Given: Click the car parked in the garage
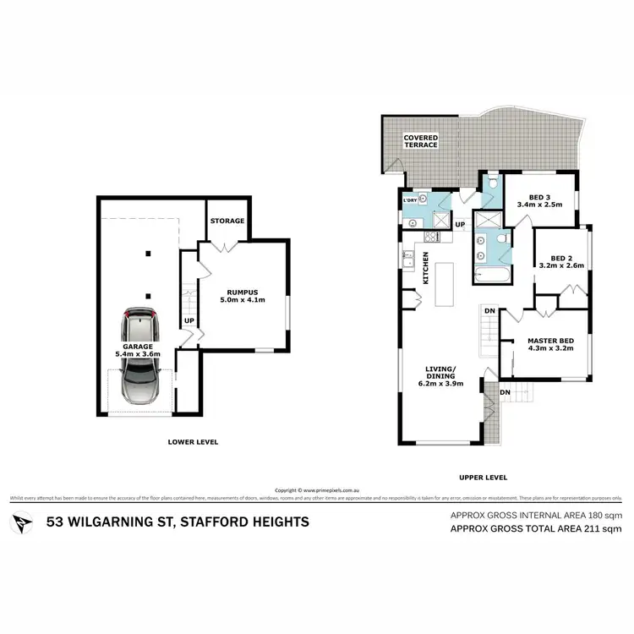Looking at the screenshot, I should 141,356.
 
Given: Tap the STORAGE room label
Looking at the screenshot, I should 227,221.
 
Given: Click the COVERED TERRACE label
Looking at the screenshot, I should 420,140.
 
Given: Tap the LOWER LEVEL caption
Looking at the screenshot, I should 194,441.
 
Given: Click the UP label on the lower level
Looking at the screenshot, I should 189,321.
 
